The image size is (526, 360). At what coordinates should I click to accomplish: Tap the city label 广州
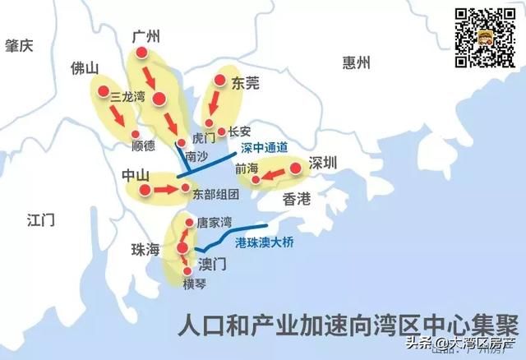point(146,35)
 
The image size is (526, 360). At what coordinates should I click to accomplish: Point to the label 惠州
point(358,62)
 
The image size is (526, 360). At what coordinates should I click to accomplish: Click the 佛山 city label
point(85,67)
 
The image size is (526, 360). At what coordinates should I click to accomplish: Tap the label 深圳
point(324,163)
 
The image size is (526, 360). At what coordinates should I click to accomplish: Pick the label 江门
point(39,219)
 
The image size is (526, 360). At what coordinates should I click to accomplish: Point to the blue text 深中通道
point(265,148)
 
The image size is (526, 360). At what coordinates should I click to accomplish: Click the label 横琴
point(195,284)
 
